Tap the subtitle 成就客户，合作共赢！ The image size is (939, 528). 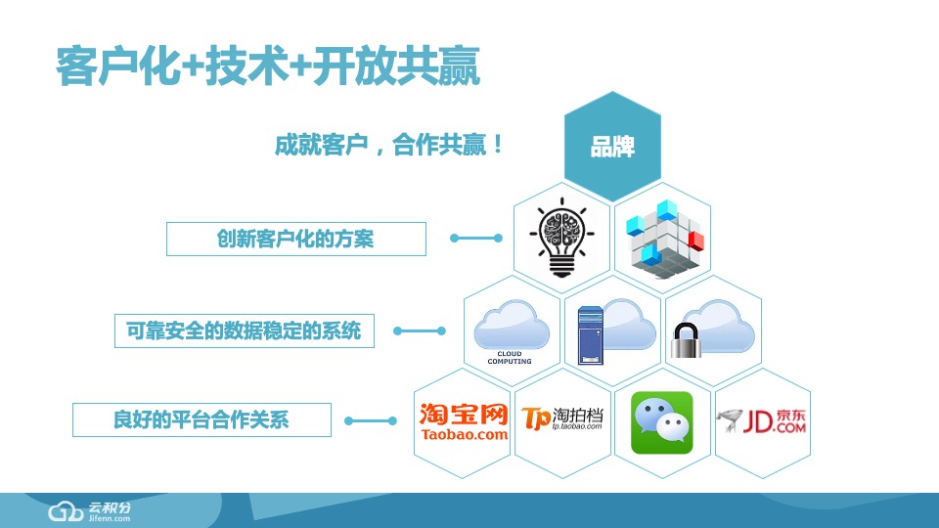pos(389,146)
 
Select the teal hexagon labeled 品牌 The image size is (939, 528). pos(613,147)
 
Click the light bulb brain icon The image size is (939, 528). pos(561,238)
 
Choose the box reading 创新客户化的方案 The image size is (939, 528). pos(295,239)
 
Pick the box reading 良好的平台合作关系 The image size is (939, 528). pos(201,420)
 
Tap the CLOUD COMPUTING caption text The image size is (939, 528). pos(510,358)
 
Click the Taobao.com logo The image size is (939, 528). pos(464,421)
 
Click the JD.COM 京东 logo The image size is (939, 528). pos(763,421)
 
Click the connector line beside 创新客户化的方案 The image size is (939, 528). pos(476,238)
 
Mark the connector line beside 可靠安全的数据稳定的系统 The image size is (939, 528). pos(420,330)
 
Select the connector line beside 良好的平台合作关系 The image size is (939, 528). pos(372,421)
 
